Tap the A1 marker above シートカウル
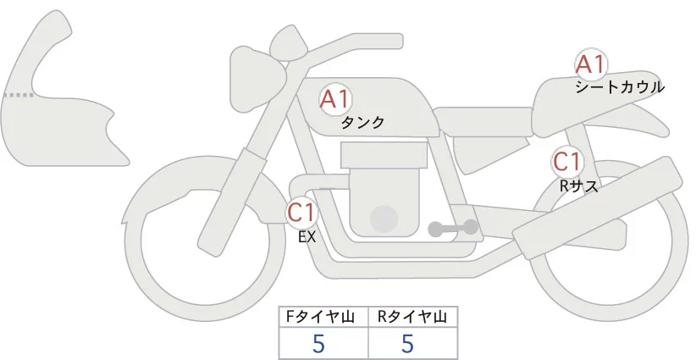[590, 64]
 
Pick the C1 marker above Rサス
[566, 161]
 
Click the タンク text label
[362, 123]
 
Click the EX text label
[307, 236]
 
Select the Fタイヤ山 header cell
[323, 317]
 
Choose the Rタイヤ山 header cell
[412, 317]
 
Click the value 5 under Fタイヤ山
[318, 343]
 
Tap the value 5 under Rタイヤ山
[407, 343]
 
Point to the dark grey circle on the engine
[385, 219]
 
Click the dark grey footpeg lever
[454, 228]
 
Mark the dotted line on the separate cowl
[19, 95]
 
